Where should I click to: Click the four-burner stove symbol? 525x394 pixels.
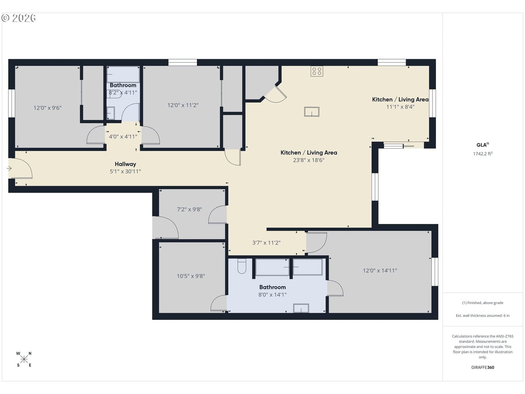tap(317, 71)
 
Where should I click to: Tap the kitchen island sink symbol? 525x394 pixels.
tap(312, 112)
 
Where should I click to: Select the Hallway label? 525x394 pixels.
tap(125, 164)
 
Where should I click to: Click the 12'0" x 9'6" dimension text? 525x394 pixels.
tap(47, 108)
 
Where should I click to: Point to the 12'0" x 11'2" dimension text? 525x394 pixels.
tap(183, 105)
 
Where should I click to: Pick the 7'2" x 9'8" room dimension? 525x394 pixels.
tap(189, 209)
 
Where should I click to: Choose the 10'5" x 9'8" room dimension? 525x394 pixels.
tap(191, 276)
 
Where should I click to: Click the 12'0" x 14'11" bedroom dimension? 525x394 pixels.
tap(380, 271)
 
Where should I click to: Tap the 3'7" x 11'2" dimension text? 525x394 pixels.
tap(266, 243)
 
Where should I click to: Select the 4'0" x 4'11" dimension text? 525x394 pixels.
tap(123, 137)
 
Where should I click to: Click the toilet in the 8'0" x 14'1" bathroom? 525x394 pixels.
tap(242, 266)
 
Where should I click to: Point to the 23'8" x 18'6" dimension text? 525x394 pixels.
tap(309, 160)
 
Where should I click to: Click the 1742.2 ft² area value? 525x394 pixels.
tap(483, 154)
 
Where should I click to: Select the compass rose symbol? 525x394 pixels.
tap(24, 359)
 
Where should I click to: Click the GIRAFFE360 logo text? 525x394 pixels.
tap(483, 367)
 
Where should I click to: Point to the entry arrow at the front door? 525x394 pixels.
tap(9, 169)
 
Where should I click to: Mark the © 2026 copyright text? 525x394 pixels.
tap(19, 18)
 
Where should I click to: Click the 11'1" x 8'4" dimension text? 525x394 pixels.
tap(400, 107)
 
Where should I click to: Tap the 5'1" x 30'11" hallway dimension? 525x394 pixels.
tap(125, 171)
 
